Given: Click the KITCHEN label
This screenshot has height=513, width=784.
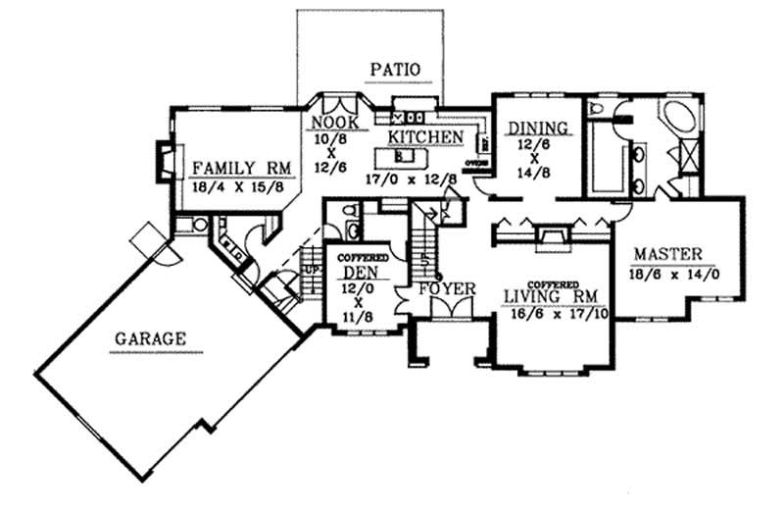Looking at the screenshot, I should [424, 136].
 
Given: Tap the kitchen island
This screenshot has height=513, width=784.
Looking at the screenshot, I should [401, 156].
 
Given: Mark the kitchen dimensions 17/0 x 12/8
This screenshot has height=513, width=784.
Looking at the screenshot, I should [409, 179].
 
